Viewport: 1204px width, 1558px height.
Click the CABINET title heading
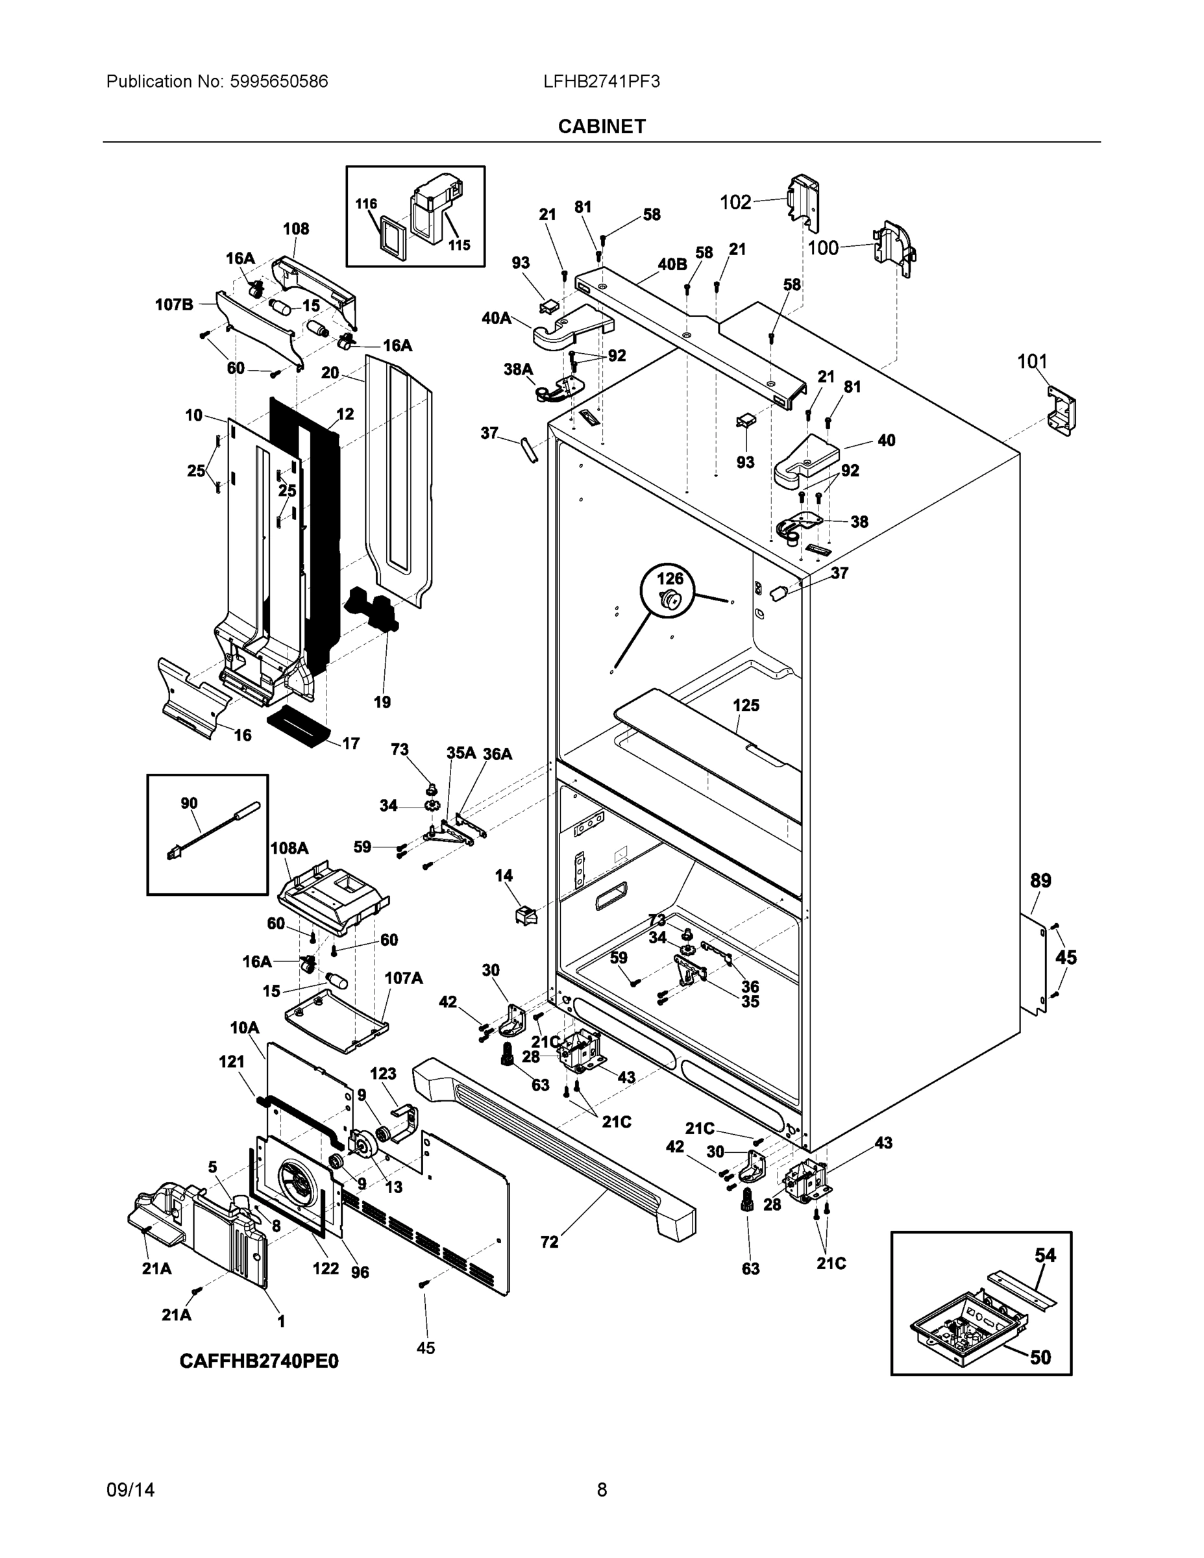click(x=601, y=127)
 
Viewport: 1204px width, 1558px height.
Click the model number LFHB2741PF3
click(x=601, y=81)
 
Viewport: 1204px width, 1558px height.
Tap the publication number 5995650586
click(x=278, y=81)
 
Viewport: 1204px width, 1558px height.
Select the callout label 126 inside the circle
click(x=669, y=578)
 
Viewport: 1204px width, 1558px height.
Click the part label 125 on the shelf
click(x=746, y=705)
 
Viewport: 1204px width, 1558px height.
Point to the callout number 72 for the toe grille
click(x=549, y=1241)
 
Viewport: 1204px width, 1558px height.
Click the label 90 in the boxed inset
click(x=189, y=803)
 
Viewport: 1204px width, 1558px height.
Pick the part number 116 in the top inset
click(x=366, y=203)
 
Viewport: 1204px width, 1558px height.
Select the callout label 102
click(x=735, y=203)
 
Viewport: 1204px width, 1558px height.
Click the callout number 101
click(x=1031, y=362)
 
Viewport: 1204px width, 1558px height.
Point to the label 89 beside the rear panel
click(x=1040, y=880)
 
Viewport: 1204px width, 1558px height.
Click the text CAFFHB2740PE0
click(x=259, y=1361)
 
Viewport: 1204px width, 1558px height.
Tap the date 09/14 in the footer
click(x=130, y=1490)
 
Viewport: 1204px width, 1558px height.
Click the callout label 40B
click(x=672, y=265)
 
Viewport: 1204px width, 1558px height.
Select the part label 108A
click(x=289, y=848)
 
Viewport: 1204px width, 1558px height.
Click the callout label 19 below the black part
click(x=382, y=702)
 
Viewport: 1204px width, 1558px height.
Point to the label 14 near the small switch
click(x=504, y=875)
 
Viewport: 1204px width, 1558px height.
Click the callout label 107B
click(x=174, y=304)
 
